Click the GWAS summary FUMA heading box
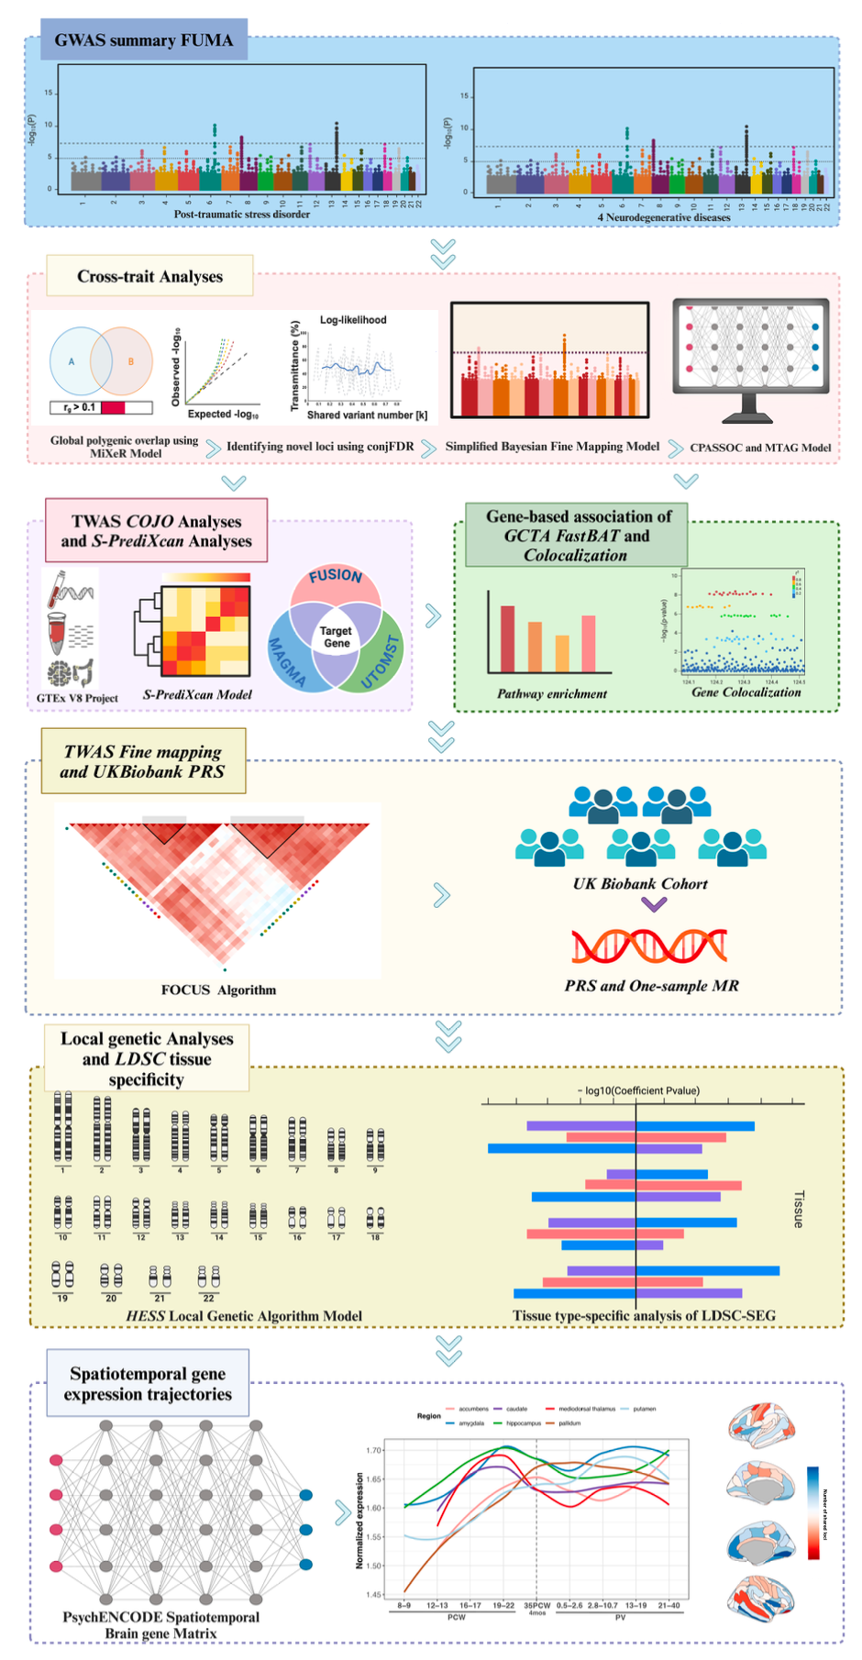pyautogui.click(x=144, y=40)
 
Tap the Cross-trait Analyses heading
pyautogui.click(x=149, y=276)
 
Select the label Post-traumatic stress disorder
pyautogui.click(x=242, y=215)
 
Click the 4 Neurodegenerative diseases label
pyautogui.click(x=664, y=217)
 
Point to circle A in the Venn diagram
pyautogui.click(x=73, y=361)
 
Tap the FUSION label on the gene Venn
pyautogui.click(x=336, y=576)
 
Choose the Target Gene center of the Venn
pyautogui.click(x=336, y=636)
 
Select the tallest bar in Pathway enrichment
pyautogui.click(x=507, y=638)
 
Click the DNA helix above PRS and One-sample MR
pyautogui.click(x=649, y=946)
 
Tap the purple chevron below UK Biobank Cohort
pyautogui.click(x=653, y=905)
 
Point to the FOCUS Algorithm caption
pyautogui.click(x=218, y=990)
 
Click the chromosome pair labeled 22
pyautogui.click(x=208, y=1277)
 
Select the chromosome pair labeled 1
pyautogui.click(x=62, y=1128)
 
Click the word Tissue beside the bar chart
pyautogui.click(x=798, y=1210)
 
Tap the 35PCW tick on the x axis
pyautogui.click(x=536, y=1605)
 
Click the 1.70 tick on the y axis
pyautogui.click(x=374, y=1450)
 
